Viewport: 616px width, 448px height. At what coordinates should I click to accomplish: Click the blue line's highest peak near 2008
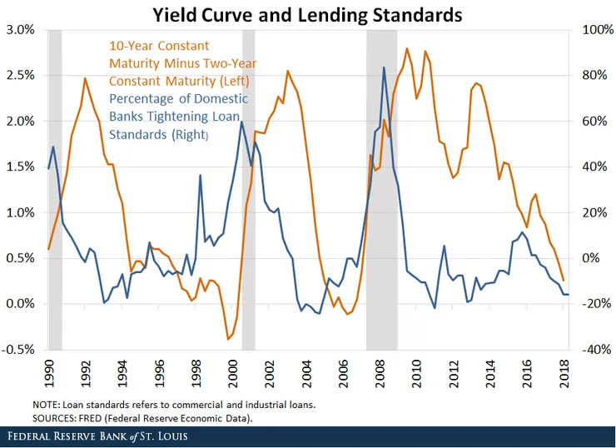click(384, 67)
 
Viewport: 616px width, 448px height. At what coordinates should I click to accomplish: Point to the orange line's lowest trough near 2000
click(228, 339)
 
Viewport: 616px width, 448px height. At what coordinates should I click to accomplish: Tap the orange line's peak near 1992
click(85, 78)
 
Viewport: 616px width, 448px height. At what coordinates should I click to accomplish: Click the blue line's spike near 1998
click(201, 176)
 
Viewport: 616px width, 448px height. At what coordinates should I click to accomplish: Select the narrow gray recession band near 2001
click(248, 188)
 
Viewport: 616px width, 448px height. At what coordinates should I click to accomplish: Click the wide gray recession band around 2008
click(381, 188)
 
